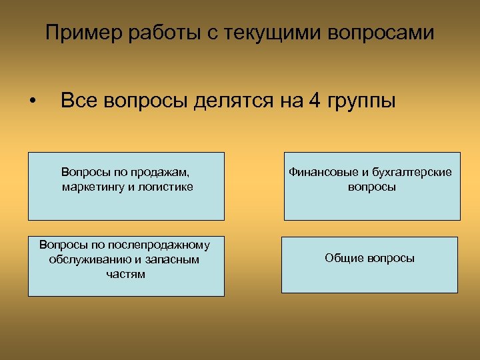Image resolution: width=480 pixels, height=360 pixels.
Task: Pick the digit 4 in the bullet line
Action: pos(314,101)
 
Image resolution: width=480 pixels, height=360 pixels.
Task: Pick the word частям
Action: pos(126,273)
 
